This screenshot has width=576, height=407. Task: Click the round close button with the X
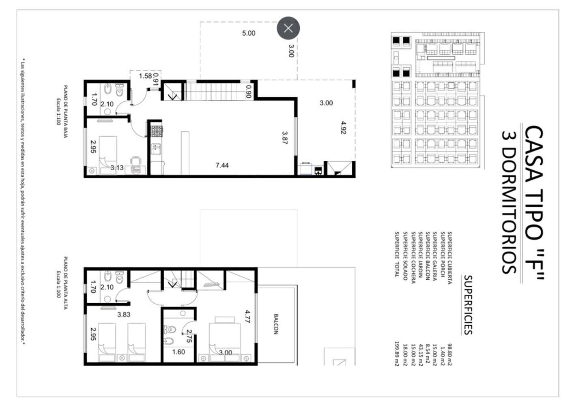pos(288,28)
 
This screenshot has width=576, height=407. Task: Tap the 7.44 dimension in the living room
pos(222,165)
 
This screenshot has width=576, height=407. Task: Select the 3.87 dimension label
pos(285,138)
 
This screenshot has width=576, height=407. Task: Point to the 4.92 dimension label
pos(344,128)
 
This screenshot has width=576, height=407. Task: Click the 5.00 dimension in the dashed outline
pos(249,33)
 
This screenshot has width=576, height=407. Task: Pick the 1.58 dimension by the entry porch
pos(145,76)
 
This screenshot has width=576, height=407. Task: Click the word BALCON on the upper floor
pos(276,324)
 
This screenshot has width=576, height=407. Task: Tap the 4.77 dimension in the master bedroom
pos(247,317)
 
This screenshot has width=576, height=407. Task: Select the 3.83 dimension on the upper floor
pos(124,314)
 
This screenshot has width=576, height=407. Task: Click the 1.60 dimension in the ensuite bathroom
pos(178,352)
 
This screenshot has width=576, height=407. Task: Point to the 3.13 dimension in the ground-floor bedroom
pos(117,168)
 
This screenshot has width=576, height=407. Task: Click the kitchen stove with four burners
pos(157,131)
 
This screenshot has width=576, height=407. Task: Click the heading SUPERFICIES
pos(468,305)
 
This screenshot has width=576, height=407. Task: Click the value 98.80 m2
pos(450,354)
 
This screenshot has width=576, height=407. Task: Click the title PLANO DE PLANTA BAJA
pos(65,111)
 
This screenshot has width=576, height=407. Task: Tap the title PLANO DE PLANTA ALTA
pos(65,283)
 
